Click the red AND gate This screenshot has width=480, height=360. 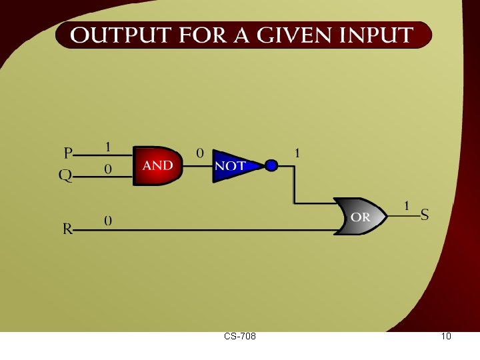coord(157,165)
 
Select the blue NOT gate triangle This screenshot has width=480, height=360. coord(233,165)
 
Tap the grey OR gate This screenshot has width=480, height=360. coord(361,217)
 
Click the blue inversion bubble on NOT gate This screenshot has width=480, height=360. coord(271,165)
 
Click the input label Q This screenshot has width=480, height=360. coord(66,175)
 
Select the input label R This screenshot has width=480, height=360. coord(67,229)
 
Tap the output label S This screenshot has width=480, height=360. coord(425,215)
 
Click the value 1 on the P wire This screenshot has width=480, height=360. coord(107,146)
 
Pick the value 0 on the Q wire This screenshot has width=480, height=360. coord(107,170)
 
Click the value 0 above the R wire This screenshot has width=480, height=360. coord(107,220)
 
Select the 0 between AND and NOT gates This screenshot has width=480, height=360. coord(199,153)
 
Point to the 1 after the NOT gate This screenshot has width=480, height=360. coord(297,153)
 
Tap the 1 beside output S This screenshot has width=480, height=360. coord(407,205)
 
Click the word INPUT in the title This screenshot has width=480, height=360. coord(377,35)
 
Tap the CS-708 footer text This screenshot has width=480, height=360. coord(240,337)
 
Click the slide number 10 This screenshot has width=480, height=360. coord(446,337)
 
